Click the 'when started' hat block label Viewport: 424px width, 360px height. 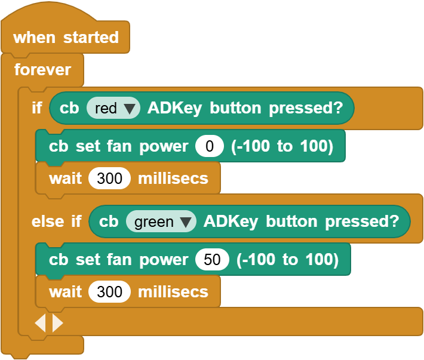tap(66, 37)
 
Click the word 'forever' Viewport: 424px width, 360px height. tap(42, 70)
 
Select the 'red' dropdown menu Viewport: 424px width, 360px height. tap(113, 108)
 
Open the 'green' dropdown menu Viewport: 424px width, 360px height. tap(161, 221)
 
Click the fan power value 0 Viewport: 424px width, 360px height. tap(210, 146)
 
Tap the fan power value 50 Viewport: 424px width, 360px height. tap(212, 260)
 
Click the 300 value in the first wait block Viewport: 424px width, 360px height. tap(109, 179)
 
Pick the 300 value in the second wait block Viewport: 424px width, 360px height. tap(109, 292)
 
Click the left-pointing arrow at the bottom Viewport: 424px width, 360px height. tap(41, 323)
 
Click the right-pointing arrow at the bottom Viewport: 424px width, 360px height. tap(57, 323)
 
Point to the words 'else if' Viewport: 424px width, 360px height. tap(56, 221)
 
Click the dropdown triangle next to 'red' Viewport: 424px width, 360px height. tap(129, 109)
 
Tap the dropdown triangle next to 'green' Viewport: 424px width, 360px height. tap(186, 222)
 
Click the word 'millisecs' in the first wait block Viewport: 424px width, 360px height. tap(173, 179)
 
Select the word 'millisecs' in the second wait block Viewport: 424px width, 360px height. tap(173, 292)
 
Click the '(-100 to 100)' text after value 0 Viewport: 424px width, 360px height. tap(282, 146)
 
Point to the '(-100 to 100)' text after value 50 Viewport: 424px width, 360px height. tap(287, 260)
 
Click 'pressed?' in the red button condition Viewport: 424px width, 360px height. tap(306, 109)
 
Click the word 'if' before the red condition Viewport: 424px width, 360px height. tap(37, 108)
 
